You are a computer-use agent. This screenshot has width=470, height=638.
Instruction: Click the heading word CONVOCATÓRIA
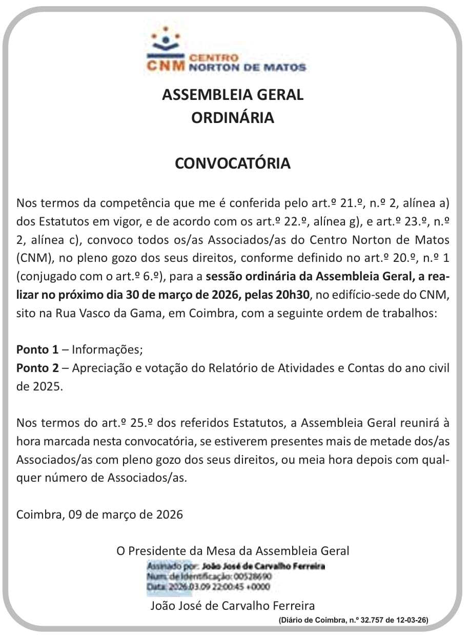click(233, 163)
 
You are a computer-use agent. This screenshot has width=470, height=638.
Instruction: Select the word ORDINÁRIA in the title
click(233, 118)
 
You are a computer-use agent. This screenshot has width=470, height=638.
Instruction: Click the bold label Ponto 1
click(37, 350)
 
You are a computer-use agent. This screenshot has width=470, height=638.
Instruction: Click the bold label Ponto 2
click(37, 368)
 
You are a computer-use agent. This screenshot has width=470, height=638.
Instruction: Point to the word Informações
click(107, 350)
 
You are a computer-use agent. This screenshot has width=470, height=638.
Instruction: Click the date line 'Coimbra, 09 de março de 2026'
click(99, 514)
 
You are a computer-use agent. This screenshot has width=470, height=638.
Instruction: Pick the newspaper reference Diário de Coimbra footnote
click(353, 620)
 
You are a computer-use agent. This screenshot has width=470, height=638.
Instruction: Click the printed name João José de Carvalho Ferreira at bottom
click(233, 606)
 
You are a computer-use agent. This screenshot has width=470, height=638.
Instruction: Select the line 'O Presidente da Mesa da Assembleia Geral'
click(233, 551)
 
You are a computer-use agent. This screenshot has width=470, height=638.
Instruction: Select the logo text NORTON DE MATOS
click(248, 67)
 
